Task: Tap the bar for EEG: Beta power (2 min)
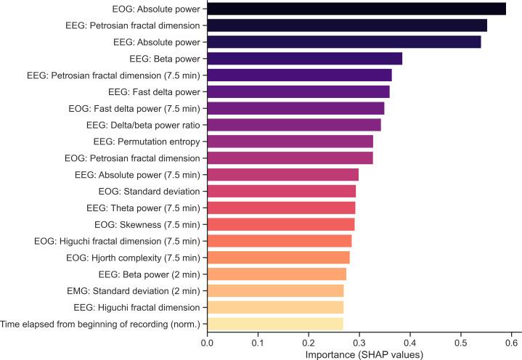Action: [x=277, y=274]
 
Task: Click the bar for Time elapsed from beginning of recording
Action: [x=275, y=324]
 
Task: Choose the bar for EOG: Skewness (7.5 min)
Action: [x=281, y=224]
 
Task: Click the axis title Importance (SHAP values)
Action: [x=359, y=353]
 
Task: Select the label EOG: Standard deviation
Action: [x=150, y=191]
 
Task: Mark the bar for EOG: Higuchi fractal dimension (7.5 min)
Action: [x=280, y=241]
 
